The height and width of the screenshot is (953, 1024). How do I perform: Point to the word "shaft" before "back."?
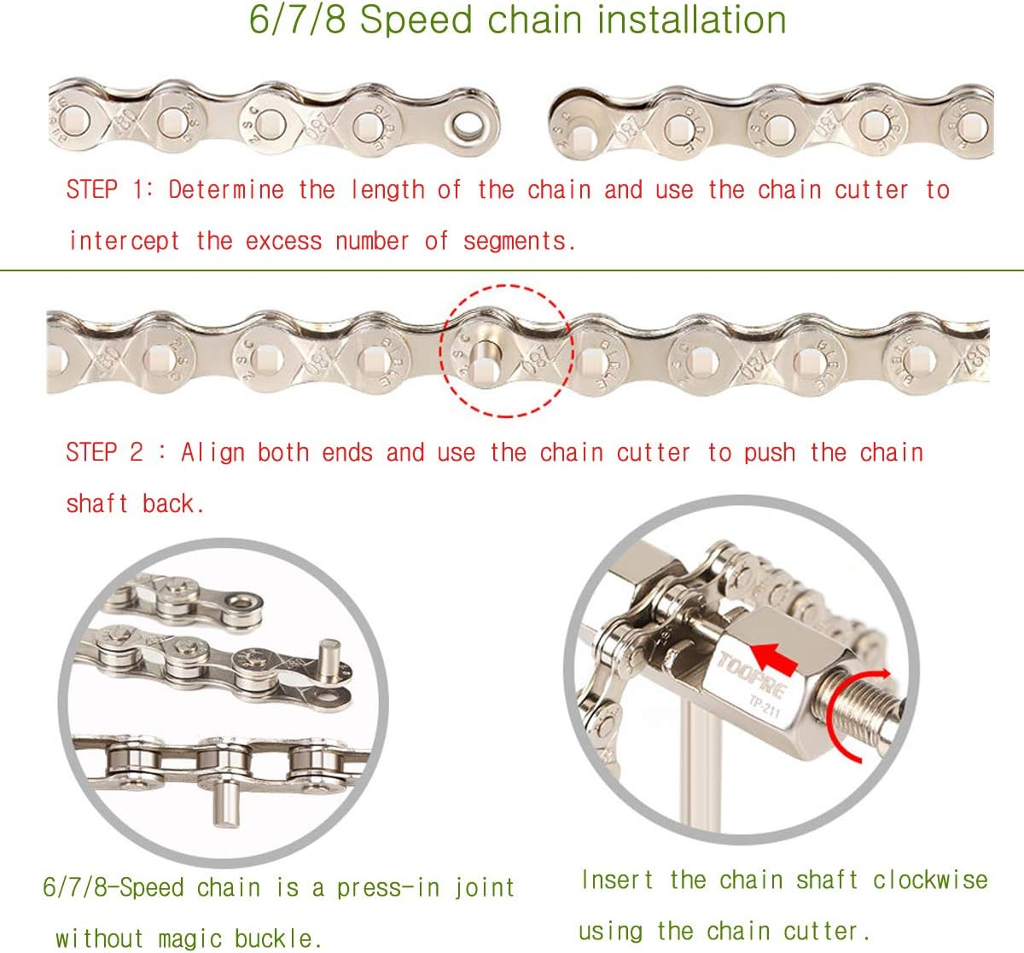97,503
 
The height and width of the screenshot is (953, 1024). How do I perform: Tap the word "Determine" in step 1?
226,189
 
